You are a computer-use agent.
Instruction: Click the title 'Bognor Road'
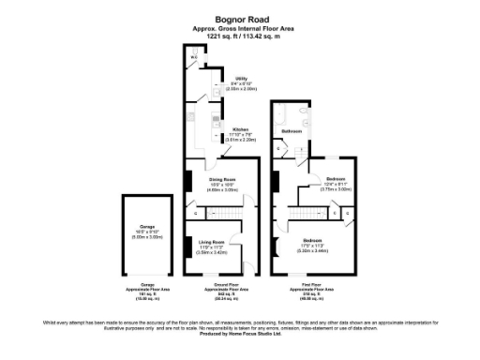pyautogui.click(x=239, y=17)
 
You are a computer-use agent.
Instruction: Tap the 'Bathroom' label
pyautogui.click(x=292, y=131)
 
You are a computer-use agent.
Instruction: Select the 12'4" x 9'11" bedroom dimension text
pyautogui.click(x=336, y=184)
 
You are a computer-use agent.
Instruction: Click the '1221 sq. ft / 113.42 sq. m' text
pyautogui.click(x=239, y=36)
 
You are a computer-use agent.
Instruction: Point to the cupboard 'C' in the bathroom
pyautogui.click(x=280, y=147)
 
